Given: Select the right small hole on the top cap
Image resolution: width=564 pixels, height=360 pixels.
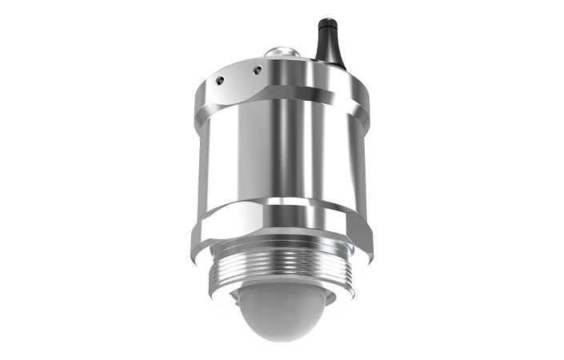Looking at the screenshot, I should [256, 70].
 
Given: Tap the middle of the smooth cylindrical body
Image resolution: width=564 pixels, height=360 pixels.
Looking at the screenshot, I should [280, 152].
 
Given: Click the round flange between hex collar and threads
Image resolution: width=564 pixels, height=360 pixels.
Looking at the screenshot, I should [280, 254].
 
